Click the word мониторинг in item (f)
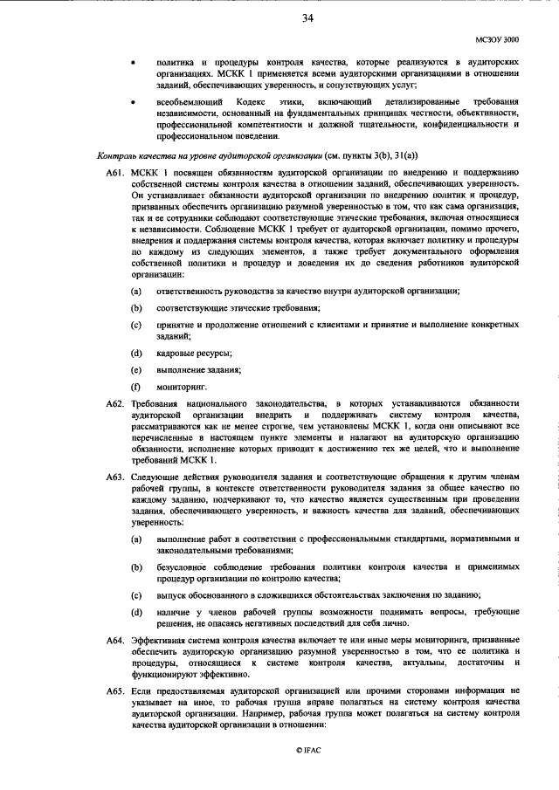181,385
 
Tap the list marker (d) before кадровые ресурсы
136,353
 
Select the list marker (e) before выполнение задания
136,369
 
